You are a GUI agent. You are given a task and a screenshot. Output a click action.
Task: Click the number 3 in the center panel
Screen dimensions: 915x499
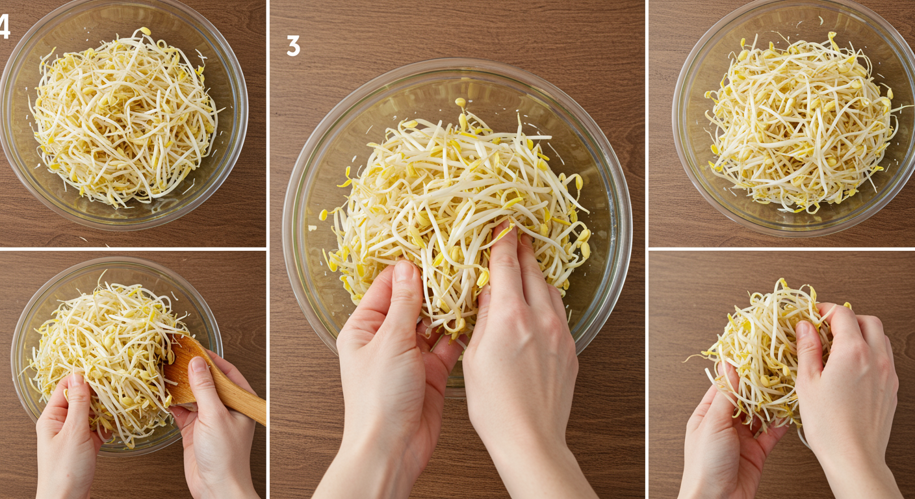tap(293, 45)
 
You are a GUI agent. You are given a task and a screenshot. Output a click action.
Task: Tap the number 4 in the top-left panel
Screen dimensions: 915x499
tap(5, 26)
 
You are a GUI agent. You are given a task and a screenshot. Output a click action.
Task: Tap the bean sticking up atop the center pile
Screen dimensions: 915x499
tap(460, 101)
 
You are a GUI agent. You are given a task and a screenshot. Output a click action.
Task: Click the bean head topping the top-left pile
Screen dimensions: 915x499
tap(145, 31)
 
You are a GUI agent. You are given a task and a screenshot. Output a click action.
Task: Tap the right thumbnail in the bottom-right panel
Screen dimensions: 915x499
tap(803, 329)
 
